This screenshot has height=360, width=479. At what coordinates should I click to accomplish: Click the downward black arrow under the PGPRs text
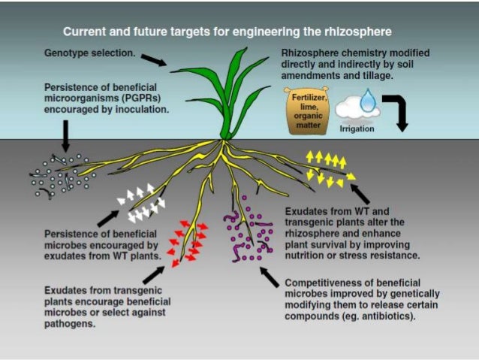coord(65,136)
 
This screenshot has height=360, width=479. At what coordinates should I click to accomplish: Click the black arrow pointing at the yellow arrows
coord(360,194)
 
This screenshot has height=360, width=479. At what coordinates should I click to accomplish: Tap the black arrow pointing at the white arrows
coord(107,217)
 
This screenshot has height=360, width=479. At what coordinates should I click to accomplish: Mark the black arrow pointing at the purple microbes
coord(269,279)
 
